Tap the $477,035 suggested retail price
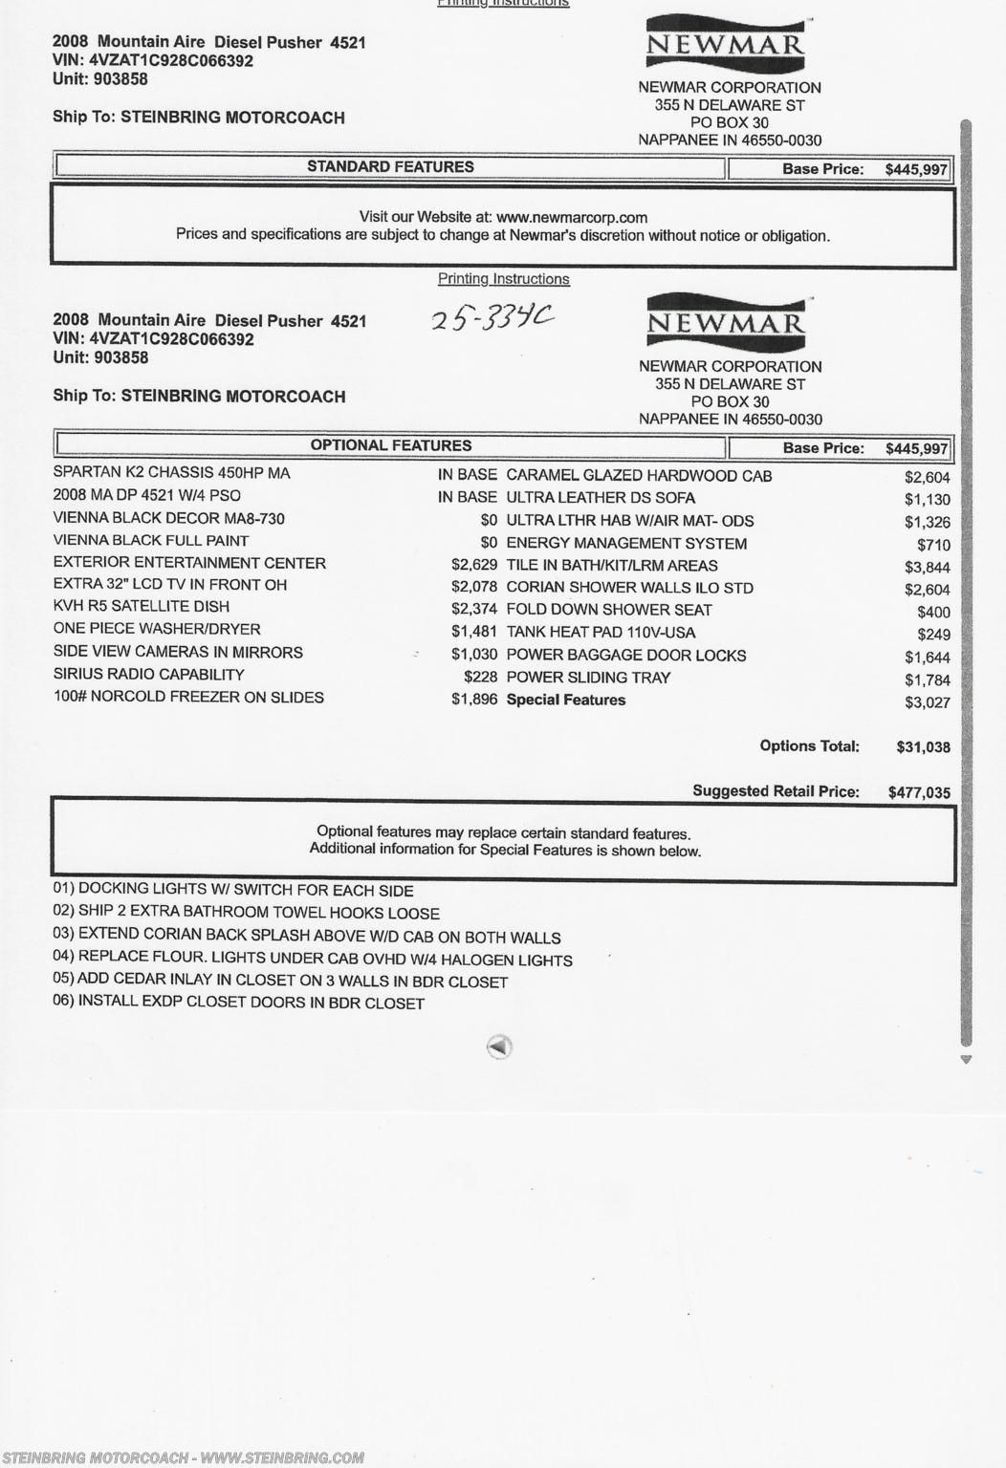tap(919, 792)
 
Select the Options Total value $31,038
tap(923, 747)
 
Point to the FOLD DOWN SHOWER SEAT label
tap(608, 610)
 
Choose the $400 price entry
tap(933, 612)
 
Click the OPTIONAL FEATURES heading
tap(390, 445)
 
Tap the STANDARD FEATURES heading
tap(390, 166)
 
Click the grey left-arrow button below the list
tap(498, 1047)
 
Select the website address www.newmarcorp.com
tap(571, 218)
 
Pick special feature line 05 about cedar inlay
tap(280, 982)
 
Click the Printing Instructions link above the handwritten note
tap(503, 279)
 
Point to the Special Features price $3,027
tap(928, 702)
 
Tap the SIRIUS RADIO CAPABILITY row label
tap(148, 675)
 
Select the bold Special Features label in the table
tap(565, 700)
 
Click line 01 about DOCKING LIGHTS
tap(233, 891)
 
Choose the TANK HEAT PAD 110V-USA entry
tap(601, 633)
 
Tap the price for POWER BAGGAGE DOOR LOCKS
tap(928, 658)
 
